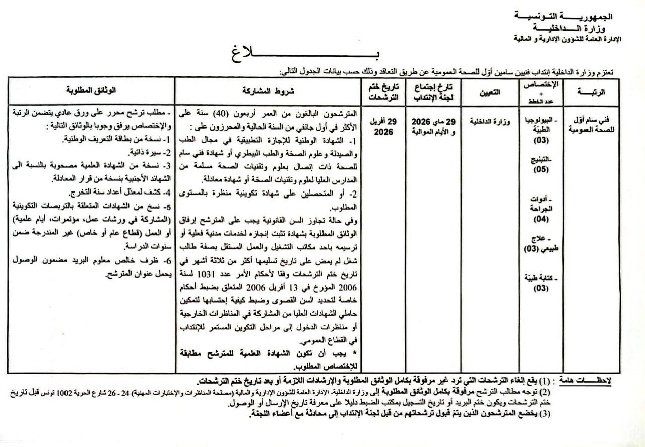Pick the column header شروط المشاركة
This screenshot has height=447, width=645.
point(269,92)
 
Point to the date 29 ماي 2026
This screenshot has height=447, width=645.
point(433,122)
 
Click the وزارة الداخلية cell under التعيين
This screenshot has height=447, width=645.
point(492,121)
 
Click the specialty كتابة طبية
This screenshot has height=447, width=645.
point(542,278)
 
